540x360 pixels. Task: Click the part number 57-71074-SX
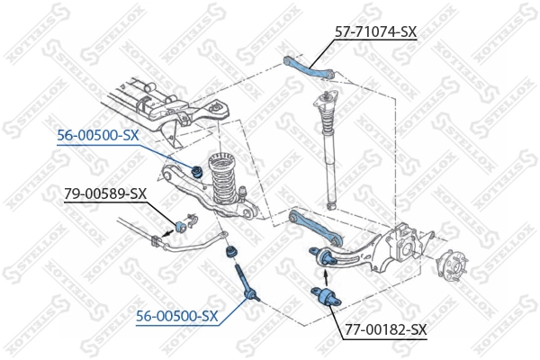tap(375, 31)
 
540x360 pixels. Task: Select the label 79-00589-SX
tap(104, 193)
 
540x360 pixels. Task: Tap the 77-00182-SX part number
tap(386, 329)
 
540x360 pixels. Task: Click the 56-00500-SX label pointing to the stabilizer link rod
tap(176, 316)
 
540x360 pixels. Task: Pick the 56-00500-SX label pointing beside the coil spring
tap(98, 136)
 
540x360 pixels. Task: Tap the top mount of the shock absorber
tap(323, 100)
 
